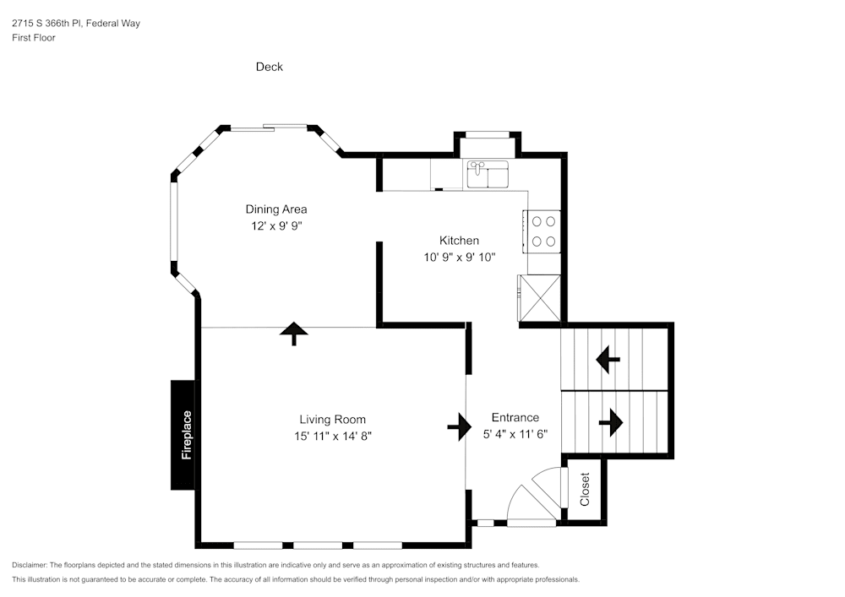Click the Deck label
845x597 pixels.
[270, 67]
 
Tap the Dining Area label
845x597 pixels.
[276, 209]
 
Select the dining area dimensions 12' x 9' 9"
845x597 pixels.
[276, 226]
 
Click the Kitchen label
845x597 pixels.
[459, 241]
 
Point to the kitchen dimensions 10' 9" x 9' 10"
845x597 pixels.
[459, 258]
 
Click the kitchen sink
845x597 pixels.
[487, 174]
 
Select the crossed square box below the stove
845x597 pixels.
[541, 298]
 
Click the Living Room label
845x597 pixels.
[332, 419]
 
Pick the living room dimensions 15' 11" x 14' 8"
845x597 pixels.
[332, 436]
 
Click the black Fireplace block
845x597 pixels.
[185, 435]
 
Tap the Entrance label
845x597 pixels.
[515, 417]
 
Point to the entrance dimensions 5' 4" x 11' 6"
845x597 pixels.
[515, 434]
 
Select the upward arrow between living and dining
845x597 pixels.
[293, 334]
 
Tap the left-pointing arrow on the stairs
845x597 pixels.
[608, 360]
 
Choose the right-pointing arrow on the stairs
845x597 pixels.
[610, 422]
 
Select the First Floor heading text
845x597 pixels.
[34, 38]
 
